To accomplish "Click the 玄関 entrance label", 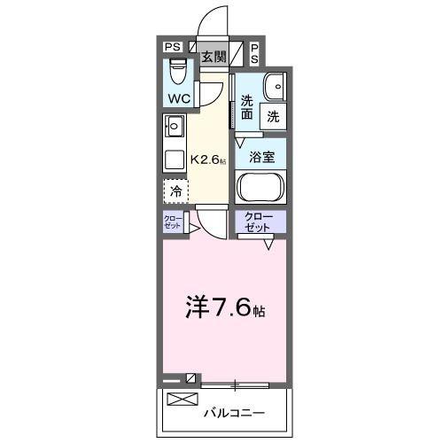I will point(213,57).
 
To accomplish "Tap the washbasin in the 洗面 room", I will point(275,86).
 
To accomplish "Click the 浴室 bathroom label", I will point(260,158).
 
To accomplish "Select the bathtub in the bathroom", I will point(260,189).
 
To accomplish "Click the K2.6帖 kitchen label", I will point(209,161).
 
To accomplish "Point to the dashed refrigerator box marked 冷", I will point(175,191).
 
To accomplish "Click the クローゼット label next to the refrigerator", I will point(171,221).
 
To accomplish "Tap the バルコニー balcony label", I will point(237,412).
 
